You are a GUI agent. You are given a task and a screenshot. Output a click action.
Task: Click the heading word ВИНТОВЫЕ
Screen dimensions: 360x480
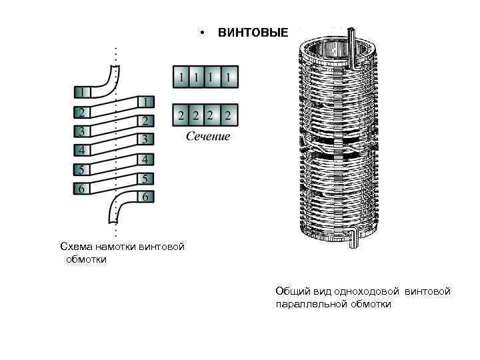tap(253, 33)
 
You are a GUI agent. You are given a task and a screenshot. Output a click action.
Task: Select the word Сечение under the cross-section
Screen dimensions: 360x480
tap(207, 137)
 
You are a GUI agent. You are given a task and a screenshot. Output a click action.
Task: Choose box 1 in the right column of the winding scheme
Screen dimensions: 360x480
tap(146, 102)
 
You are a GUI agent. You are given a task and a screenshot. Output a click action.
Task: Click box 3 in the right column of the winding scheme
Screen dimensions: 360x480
tap(146, 139)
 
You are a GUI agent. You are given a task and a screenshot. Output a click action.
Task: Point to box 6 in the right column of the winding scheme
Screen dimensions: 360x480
tap(146, 197)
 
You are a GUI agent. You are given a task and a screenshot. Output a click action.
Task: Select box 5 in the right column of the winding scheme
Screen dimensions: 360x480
tap(146, 179)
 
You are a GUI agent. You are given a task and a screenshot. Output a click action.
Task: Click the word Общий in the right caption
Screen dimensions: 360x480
tap(291, 291)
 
